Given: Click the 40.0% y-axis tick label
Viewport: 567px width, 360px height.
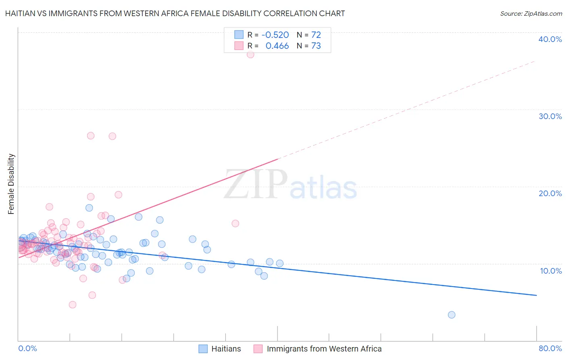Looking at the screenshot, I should tap(550, 39).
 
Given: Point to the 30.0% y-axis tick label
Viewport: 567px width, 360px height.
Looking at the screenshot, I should tap(550, 116).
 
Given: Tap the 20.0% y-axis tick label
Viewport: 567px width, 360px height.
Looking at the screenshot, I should tap(550, 193).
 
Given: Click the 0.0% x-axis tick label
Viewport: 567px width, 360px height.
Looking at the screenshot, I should tap(27, 348).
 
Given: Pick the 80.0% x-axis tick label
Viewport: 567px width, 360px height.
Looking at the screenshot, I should tap(550, 348).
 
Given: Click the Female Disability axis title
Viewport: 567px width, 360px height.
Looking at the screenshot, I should tap(11, 184).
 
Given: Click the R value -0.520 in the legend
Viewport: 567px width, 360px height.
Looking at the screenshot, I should tap(275, 35).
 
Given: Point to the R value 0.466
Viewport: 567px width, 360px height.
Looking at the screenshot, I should tap(277, 46).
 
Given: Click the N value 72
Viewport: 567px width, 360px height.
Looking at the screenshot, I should tap(316, 35).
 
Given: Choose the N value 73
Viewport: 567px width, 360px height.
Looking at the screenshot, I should tap(316, 46).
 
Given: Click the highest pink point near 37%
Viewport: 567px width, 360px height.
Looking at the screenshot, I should tap(250, 54).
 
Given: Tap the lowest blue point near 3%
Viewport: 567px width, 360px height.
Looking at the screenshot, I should tap(452, 315).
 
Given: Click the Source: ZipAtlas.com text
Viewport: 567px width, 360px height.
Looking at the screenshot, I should tap(531, 14).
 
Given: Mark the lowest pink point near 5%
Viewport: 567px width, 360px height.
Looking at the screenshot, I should tap(73, 305).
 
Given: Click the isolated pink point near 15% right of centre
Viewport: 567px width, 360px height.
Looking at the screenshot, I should tap(236, 223).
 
